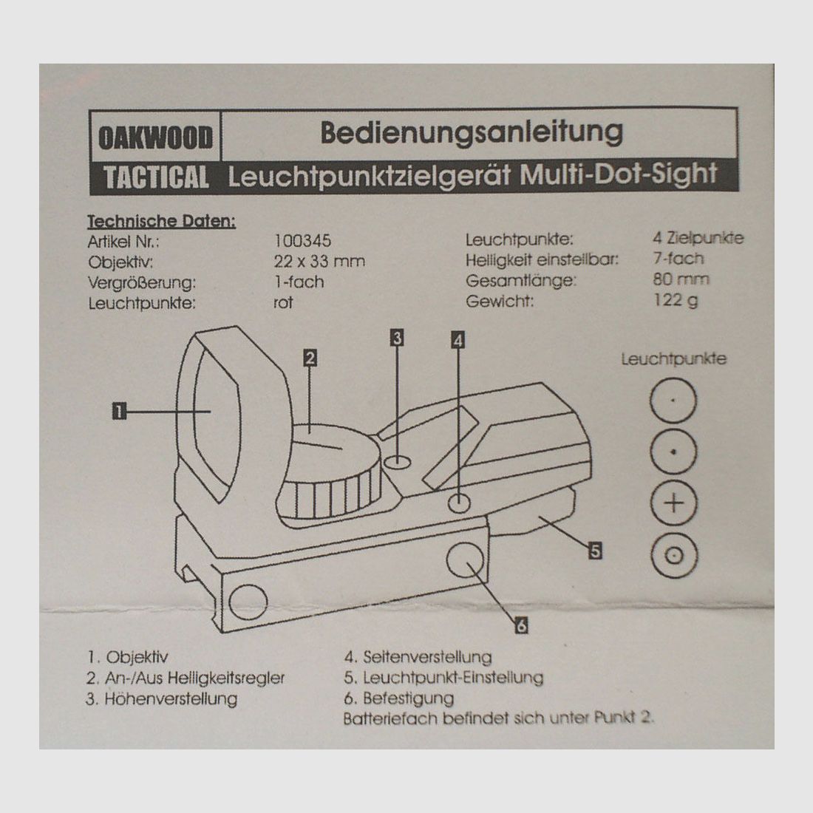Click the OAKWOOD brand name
coord(155,138)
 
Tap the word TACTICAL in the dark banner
coord(156,177)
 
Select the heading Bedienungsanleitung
coord(472,133)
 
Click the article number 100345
coord(302,241)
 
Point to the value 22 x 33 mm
coord(319,261)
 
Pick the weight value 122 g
coord(676,300)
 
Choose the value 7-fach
coord(678,259)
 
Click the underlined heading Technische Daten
coord(161,222)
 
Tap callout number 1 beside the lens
coord(119,411)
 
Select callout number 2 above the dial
coord(310,358)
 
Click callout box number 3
coord(397,338)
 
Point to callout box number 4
coord(457,340)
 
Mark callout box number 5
coord(595,550)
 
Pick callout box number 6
coord(522,625)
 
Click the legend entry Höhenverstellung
coord(162,699)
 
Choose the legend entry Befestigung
coord(398,698)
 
